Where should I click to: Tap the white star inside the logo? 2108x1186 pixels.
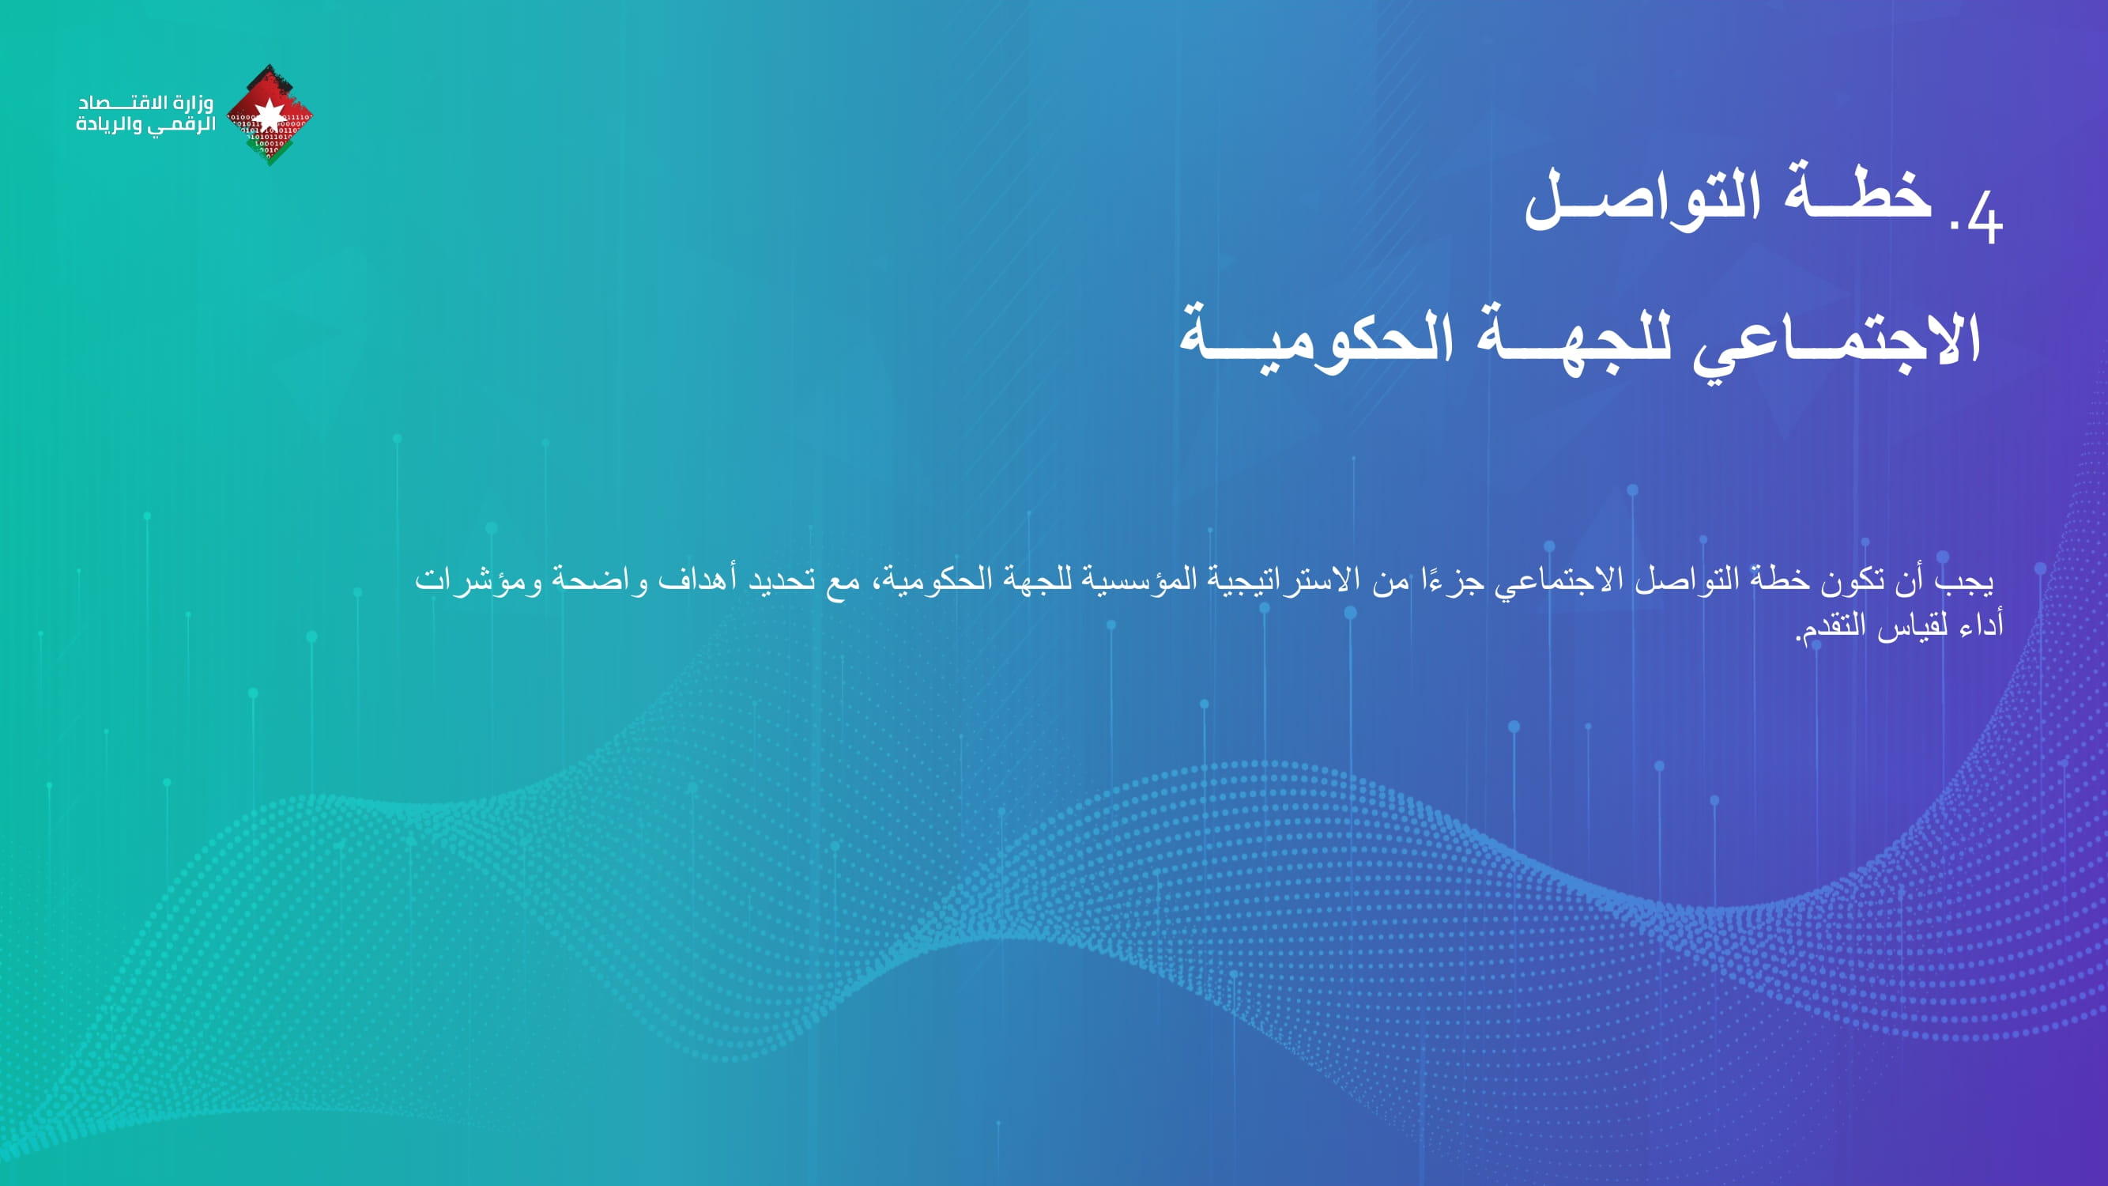click(x=270, y=115)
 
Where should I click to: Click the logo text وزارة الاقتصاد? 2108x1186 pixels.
click(x=145, y=103)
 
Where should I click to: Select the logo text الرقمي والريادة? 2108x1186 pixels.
click(x=145, y=125)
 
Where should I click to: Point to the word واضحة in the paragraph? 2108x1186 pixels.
click(x=599, y=580)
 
